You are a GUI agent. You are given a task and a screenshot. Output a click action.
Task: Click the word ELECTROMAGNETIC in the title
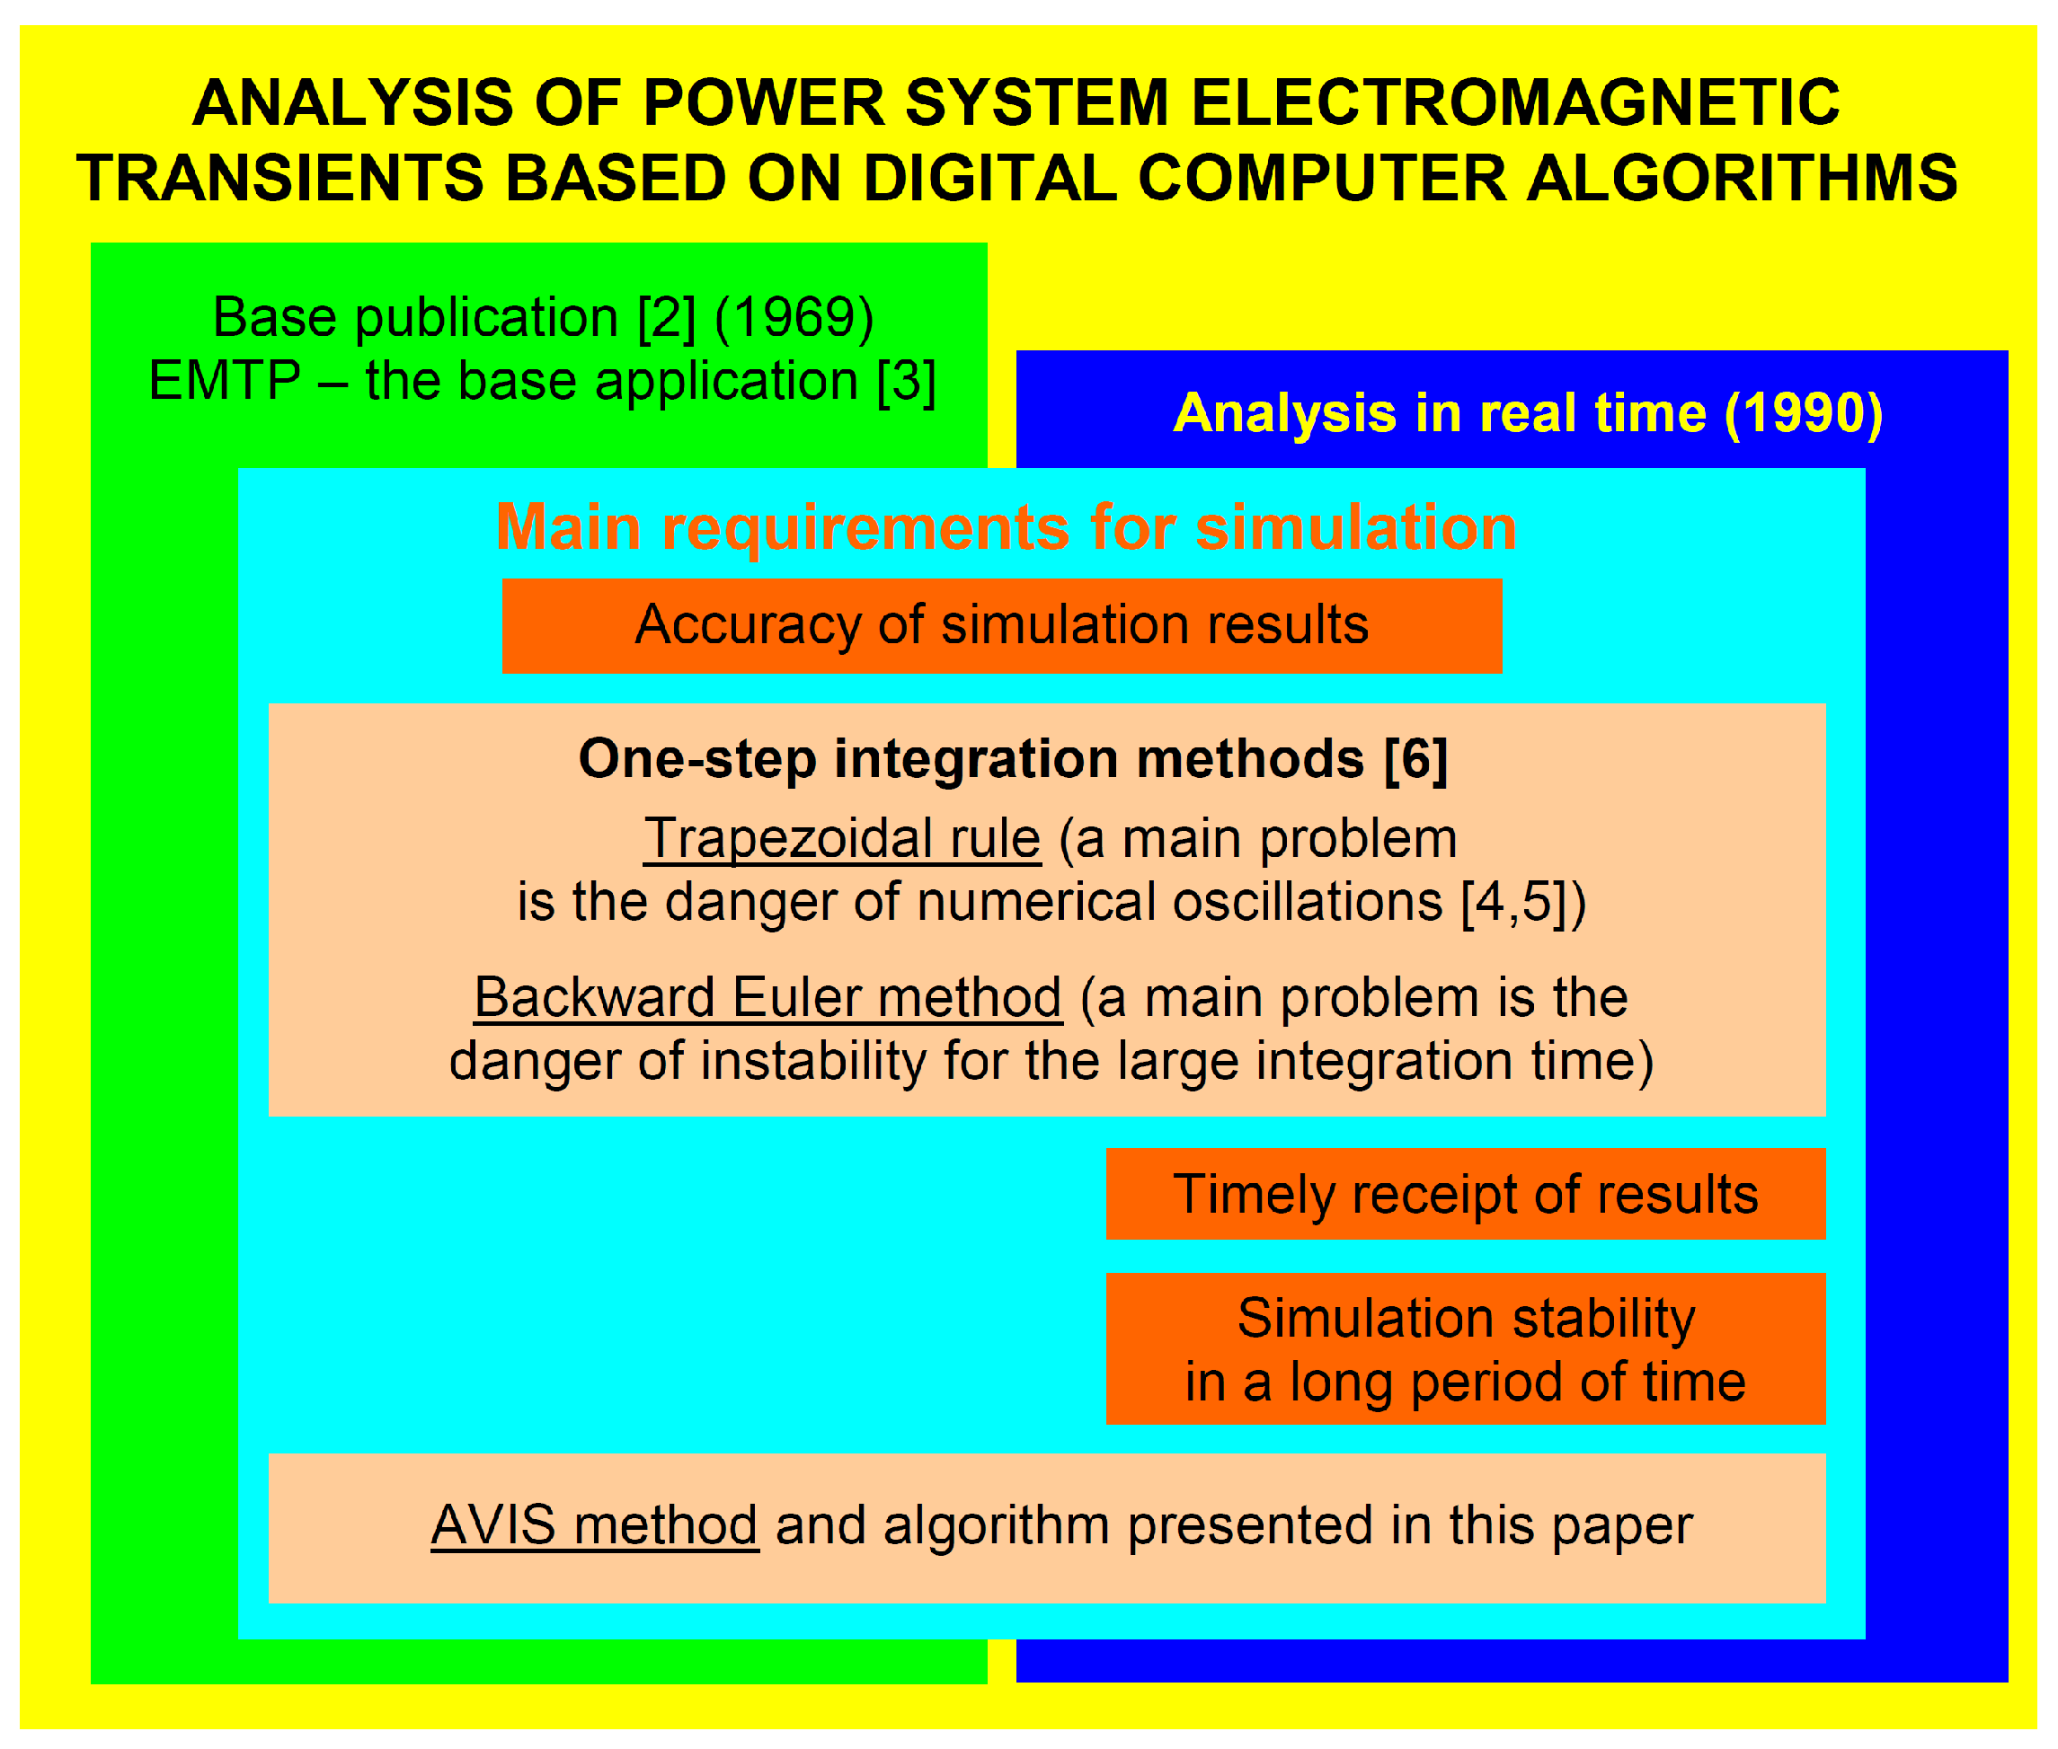tap(1514, 103)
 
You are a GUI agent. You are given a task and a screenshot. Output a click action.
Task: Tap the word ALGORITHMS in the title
tap(1742, 179)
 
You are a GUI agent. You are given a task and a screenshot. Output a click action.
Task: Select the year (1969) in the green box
tap(794, 318)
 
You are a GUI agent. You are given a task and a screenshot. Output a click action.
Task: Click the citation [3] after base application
tap(907, 382)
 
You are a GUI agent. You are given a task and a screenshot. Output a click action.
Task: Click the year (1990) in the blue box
tap(1804, 413)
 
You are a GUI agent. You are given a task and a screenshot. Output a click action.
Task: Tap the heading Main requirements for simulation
tap(1006, 526)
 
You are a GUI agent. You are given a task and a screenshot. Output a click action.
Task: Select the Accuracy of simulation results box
tap(1002, 625)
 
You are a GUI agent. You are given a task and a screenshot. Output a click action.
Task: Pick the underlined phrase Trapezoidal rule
tap(842, 840)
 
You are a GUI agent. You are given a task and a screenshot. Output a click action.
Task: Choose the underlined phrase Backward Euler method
tap(767, 998)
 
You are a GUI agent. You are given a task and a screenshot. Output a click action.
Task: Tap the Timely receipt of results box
tap(1466, 1194)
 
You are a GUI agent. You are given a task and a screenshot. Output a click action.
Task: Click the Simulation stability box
tap(1466, 1348)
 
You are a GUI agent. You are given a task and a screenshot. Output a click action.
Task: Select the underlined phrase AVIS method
tap(594, 1525)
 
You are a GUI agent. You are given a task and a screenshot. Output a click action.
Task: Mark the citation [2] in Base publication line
tap(667, 318)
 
